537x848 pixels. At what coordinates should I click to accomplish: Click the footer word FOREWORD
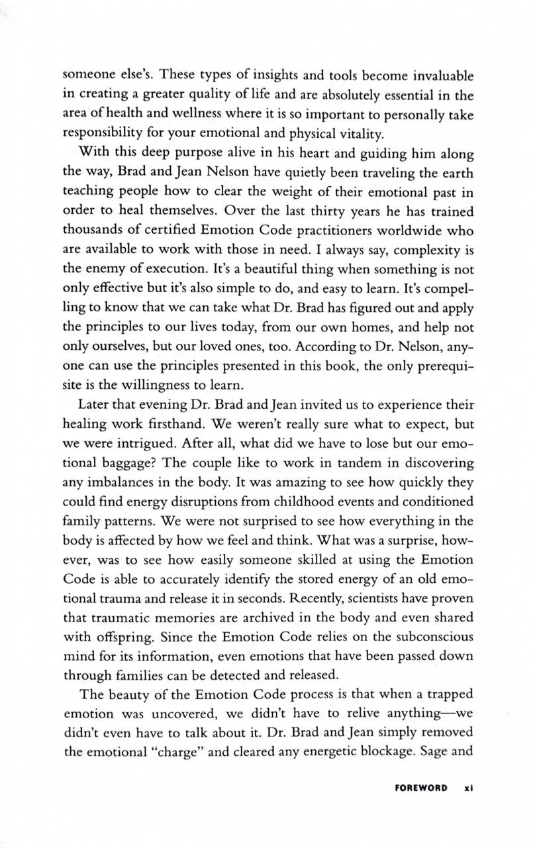420,788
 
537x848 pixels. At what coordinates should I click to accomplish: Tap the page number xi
467,788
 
